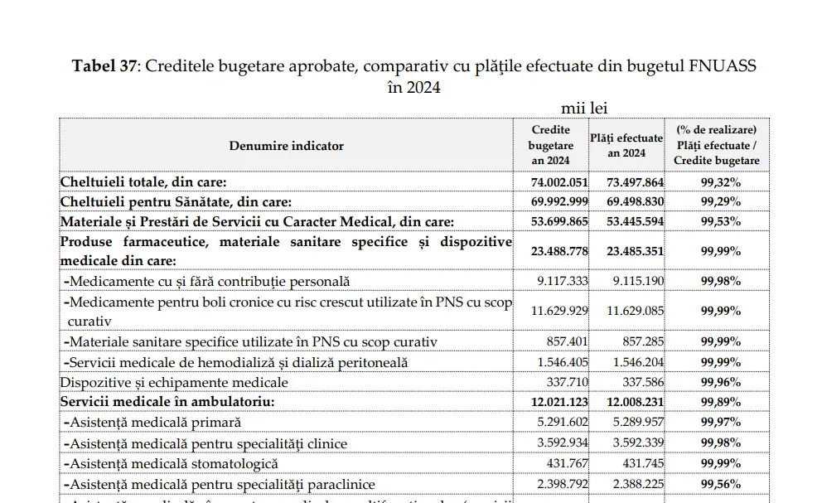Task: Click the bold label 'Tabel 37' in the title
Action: coord(106,66)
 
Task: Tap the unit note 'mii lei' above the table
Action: coord(586,109)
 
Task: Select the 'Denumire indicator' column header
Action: coord(286,146)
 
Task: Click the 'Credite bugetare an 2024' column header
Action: coord(550,145)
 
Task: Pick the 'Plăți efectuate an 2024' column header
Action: coord(626,146)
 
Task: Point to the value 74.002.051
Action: coord(558,182)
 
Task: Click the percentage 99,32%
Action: coord(720,182)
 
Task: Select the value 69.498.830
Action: coord(631,202)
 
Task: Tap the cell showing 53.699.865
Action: coord(558,221)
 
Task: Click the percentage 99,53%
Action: coord(720,221)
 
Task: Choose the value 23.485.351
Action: coord(631,249)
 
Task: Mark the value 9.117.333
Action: coord(563,282)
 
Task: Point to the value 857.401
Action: coord(567,341)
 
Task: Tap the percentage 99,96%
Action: coord(720,382)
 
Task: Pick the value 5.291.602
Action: coord(563,423)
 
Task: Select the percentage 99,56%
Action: coord(720,484)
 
